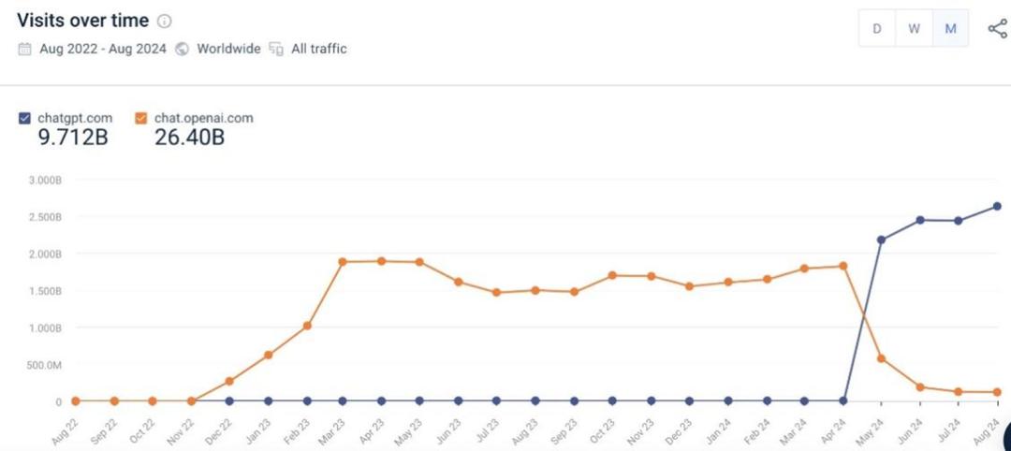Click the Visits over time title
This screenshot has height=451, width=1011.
click(x=81, y=21)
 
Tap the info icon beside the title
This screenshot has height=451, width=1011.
click(x=164, y=22)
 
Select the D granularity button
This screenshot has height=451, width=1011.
click(x=877, y=28)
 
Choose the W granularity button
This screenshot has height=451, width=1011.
click(x=914, y=28)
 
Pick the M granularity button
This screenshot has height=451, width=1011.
click(x=950, y=28)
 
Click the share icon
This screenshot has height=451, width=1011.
click(x=997, y=28)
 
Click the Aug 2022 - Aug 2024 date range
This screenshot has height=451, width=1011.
click(x=104, y=49)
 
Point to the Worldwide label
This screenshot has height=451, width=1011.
click(x=228, y=49)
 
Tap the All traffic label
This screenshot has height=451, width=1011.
click(x=318, y=49)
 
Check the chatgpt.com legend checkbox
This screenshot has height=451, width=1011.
click(x=24, y=118)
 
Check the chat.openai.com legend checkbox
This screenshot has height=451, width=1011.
click(x=141, y=118)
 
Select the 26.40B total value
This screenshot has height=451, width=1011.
click(x=190, y=138)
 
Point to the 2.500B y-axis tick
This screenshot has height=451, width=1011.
click(x=44, y=217)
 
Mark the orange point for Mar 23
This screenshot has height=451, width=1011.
click(x=343, y=262)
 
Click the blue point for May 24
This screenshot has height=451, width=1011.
click(x=881, y=240)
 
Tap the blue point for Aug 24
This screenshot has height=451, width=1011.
click(x=997, y=206)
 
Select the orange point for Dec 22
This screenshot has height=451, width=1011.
click(x=229, y=382)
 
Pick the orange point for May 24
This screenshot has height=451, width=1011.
click(x=881, y=358)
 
